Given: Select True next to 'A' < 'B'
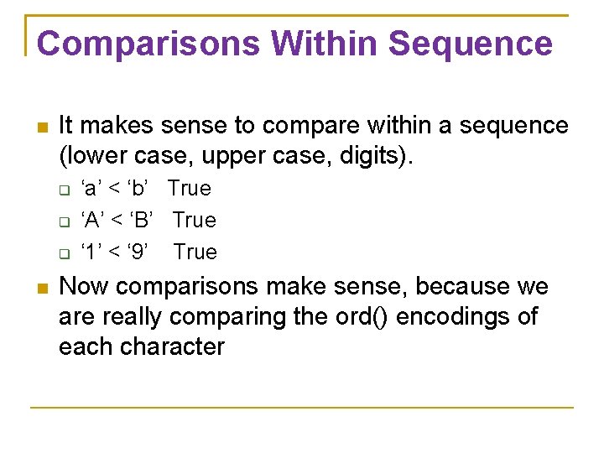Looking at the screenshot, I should [x=194, y=221].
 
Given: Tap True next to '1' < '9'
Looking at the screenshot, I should [x=195, y=253].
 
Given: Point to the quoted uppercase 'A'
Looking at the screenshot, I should [x=93, y=221].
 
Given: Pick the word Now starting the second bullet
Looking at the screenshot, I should [x=85, y=287].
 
